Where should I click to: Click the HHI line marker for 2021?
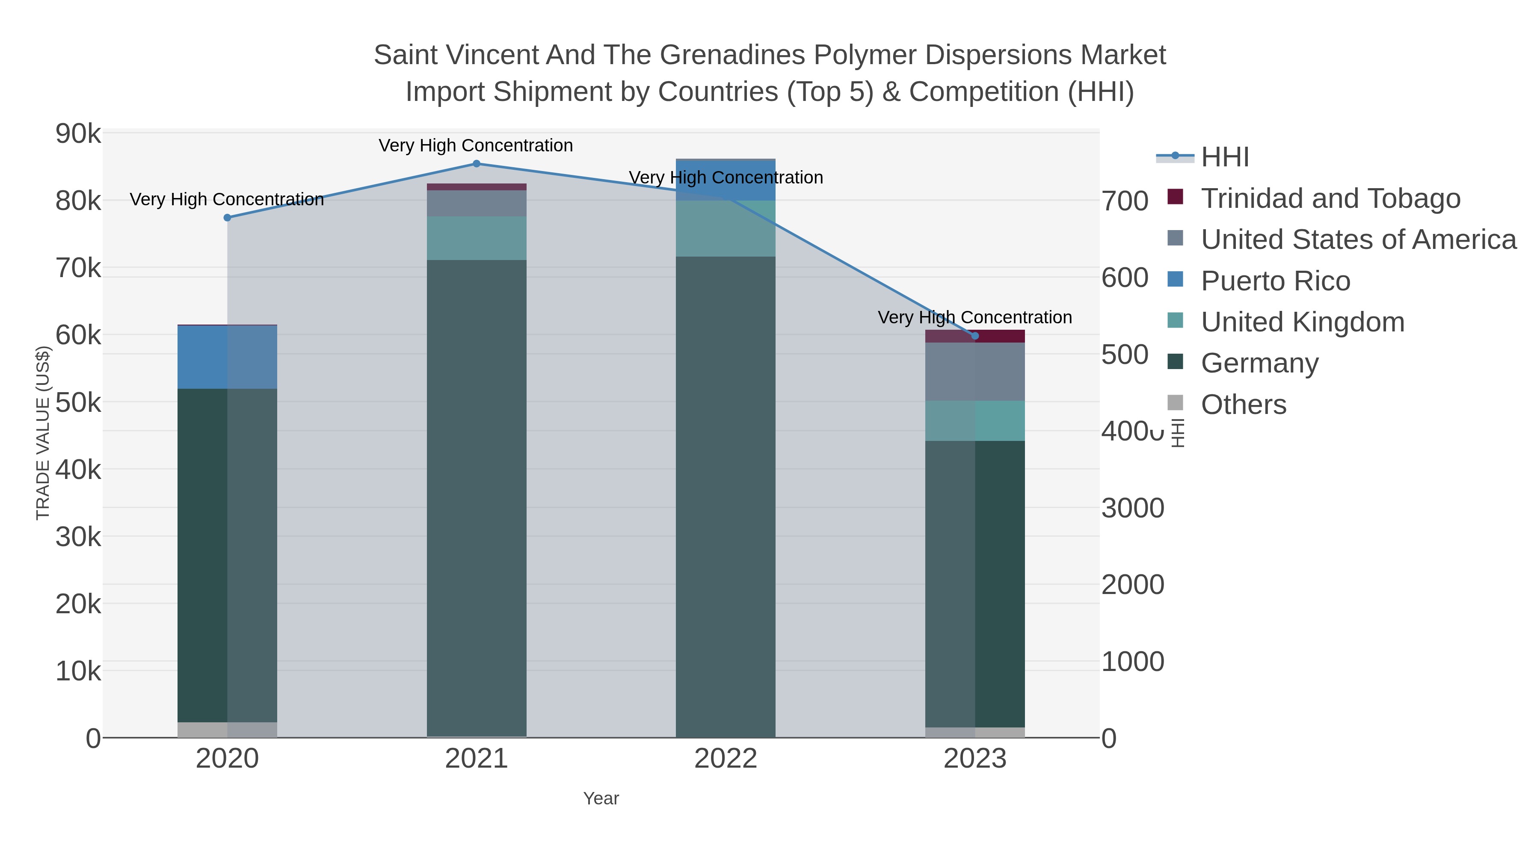[477, 164]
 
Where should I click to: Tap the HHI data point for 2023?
[975, 336]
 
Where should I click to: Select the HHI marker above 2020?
[227, 218]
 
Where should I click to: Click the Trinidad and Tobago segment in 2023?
[975, 336]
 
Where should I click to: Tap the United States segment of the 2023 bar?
[975, 371]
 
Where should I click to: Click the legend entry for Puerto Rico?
[1275, 281]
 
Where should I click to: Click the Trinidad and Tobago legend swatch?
[1175, 197]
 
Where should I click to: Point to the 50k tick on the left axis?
[78, 403]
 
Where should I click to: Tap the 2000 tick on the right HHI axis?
[1133, 585]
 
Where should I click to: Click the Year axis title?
[601, 798]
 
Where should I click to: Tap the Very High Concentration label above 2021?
[476, 146]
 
